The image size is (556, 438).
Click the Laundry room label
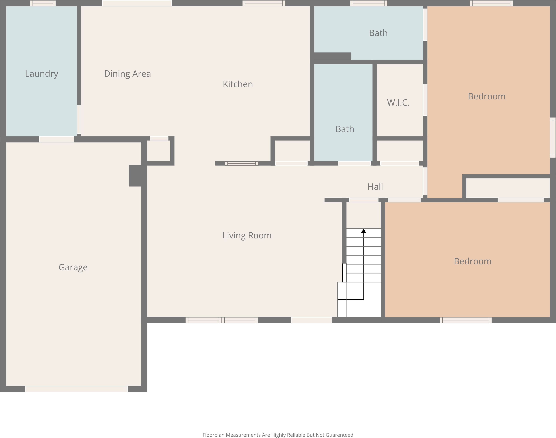click(x=42, y=74)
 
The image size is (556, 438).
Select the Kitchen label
click(x=238, y=84)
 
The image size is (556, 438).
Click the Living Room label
click(x=247, y=235)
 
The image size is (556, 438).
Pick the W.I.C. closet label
click(x=398, y=103)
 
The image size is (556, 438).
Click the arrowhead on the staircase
click(x=363, y=231)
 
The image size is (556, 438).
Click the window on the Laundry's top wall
click(x=43, y=3)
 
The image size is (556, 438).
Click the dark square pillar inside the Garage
click(x=135, y=176)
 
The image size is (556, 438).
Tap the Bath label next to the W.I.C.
click(x=345, y=129)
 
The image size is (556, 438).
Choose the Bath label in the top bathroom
click(x=378, y=33)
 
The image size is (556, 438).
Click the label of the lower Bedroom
click(x=473, y=261)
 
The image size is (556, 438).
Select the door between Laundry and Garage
click(x=57, y=139)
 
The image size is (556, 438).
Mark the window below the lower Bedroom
click(x=465, y=320)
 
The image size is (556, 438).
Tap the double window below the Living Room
click(x=222, y=320)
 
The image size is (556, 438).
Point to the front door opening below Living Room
click(x=311, y=320)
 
